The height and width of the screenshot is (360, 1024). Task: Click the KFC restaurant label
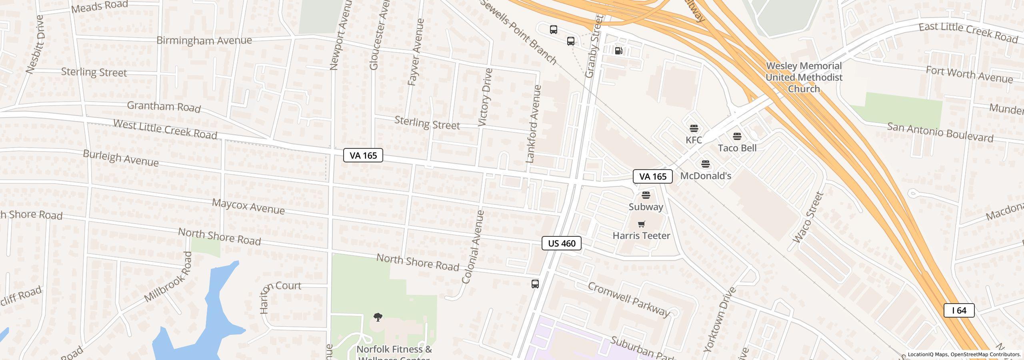(x=694, y=140)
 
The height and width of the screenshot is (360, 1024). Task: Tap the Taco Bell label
(x=737, y=148)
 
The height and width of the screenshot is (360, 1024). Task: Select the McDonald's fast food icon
(x=706, y=164)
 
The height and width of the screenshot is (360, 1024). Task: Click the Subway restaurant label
(x=646, y=207)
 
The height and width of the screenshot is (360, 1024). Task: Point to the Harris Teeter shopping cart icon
(x=642, y=224)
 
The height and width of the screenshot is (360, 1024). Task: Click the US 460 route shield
(x=561, y=243)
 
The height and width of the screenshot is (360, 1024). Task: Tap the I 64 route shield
(x=959, y=310)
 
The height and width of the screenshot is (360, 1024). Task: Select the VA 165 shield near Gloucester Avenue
(x=363, y=155)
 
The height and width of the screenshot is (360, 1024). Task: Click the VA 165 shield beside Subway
(x=652, y=176)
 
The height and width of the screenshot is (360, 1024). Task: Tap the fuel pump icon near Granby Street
(x=618, y=51)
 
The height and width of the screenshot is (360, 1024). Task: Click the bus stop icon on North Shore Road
(x=535, y=284)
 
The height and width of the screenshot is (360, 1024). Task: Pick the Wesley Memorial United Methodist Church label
(x=804, y=77)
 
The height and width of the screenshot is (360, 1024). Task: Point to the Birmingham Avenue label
(x=204, y=40)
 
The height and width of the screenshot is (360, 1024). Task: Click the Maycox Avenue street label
(x=248, y=206)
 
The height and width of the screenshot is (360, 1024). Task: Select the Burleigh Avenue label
(x=121, y=158)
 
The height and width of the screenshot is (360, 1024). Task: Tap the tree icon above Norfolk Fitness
(x=378, y=318)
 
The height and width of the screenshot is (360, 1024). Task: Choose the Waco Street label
(x=808, y=218)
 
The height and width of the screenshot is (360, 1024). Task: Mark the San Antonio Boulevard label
(x=940, y=132)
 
